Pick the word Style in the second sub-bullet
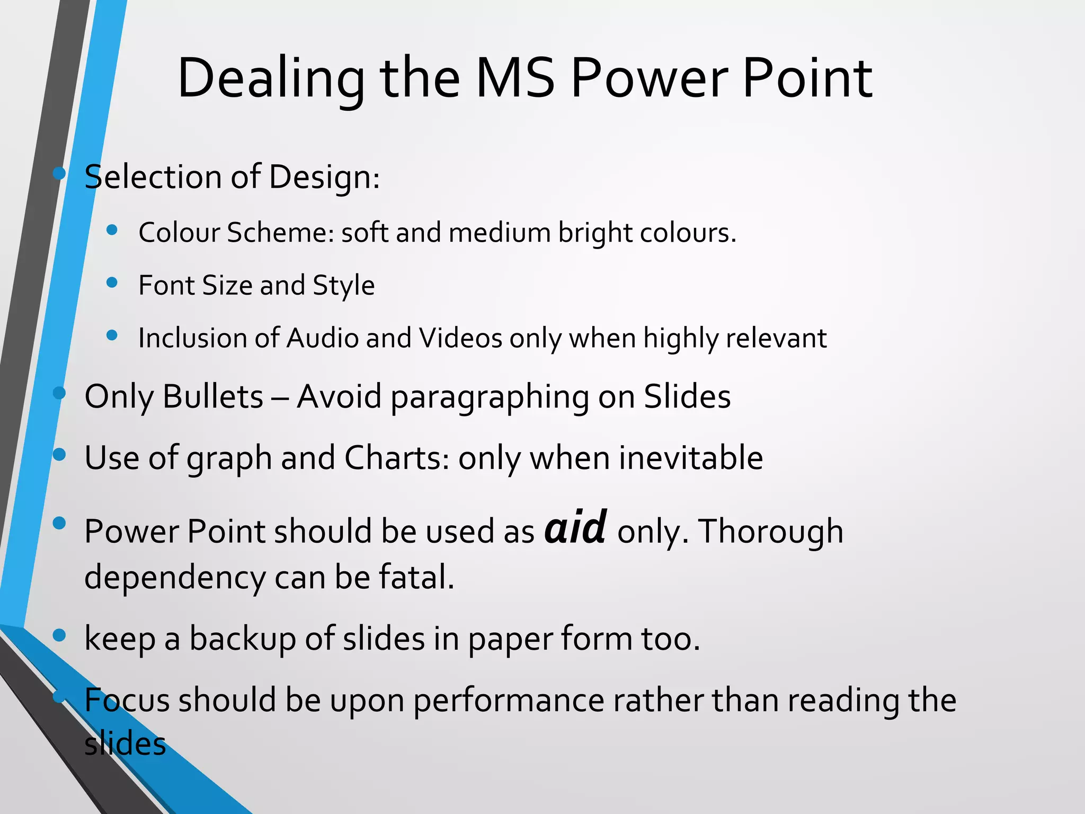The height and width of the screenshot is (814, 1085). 343,286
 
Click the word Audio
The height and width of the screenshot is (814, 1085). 322,338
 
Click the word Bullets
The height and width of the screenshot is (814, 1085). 213,397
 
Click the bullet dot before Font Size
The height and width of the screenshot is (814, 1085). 112,282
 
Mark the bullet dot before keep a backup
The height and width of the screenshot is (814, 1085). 59,634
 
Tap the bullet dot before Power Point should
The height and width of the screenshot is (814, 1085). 59,524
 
